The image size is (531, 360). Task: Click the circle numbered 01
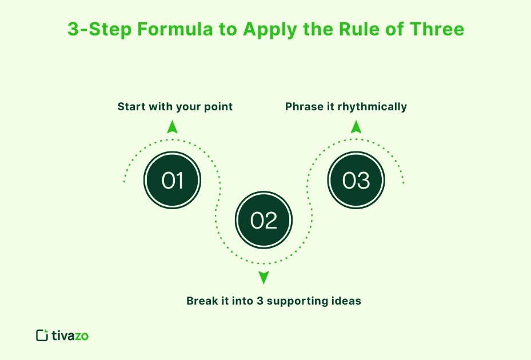pos(172,181)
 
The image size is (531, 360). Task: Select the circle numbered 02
pos(263,221)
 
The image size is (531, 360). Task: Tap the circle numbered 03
pos(356,181)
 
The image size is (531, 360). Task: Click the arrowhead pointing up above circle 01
pos(172,127)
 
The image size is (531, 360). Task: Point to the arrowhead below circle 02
pos(263,278)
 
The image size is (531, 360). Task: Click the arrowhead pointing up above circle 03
pos(356,127)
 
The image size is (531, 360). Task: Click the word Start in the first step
pos(130,107)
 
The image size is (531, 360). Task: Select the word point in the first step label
pos(219,107)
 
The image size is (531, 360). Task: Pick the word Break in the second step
pos(201,301)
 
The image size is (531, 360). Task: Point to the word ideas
pos(348,301)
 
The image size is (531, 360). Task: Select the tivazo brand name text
pos(70,335)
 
